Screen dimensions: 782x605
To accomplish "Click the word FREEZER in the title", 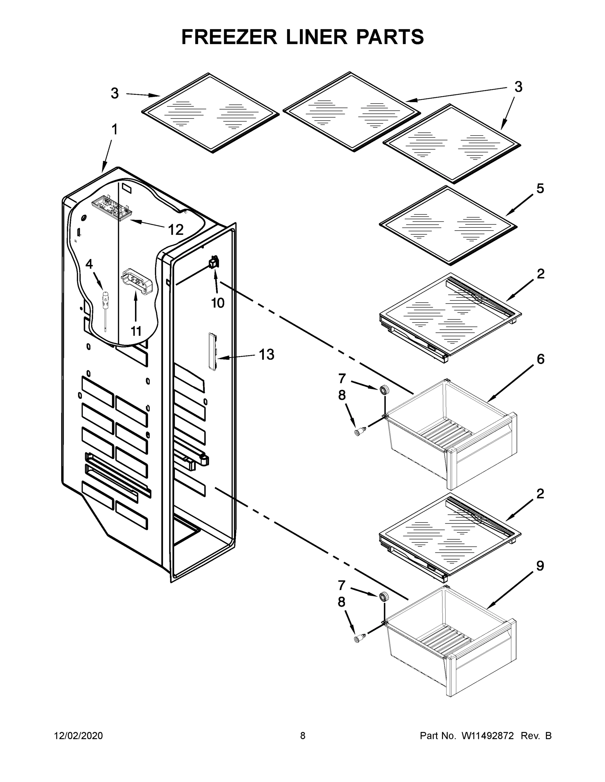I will [229, 37].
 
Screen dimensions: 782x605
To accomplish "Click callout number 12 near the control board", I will [175, 229].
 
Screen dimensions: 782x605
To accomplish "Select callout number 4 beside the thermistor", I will [89, 264].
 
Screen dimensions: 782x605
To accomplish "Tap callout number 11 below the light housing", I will [136, 331].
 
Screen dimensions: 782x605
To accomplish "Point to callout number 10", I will [218, 303].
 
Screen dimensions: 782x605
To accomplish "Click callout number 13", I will [266, 355].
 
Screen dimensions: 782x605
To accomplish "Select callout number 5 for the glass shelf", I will [540, 188].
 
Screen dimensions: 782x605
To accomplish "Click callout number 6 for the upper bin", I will [540, 359].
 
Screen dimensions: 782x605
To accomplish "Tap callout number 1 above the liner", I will [114, 130].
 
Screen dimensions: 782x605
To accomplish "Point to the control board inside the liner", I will [110, 208].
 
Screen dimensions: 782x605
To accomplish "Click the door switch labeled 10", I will [214, 263].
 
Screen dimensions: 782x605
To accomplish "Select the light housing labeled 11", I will [138, 281].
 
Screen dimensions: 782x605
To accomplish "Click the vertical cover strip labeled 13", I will [213, 351].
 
